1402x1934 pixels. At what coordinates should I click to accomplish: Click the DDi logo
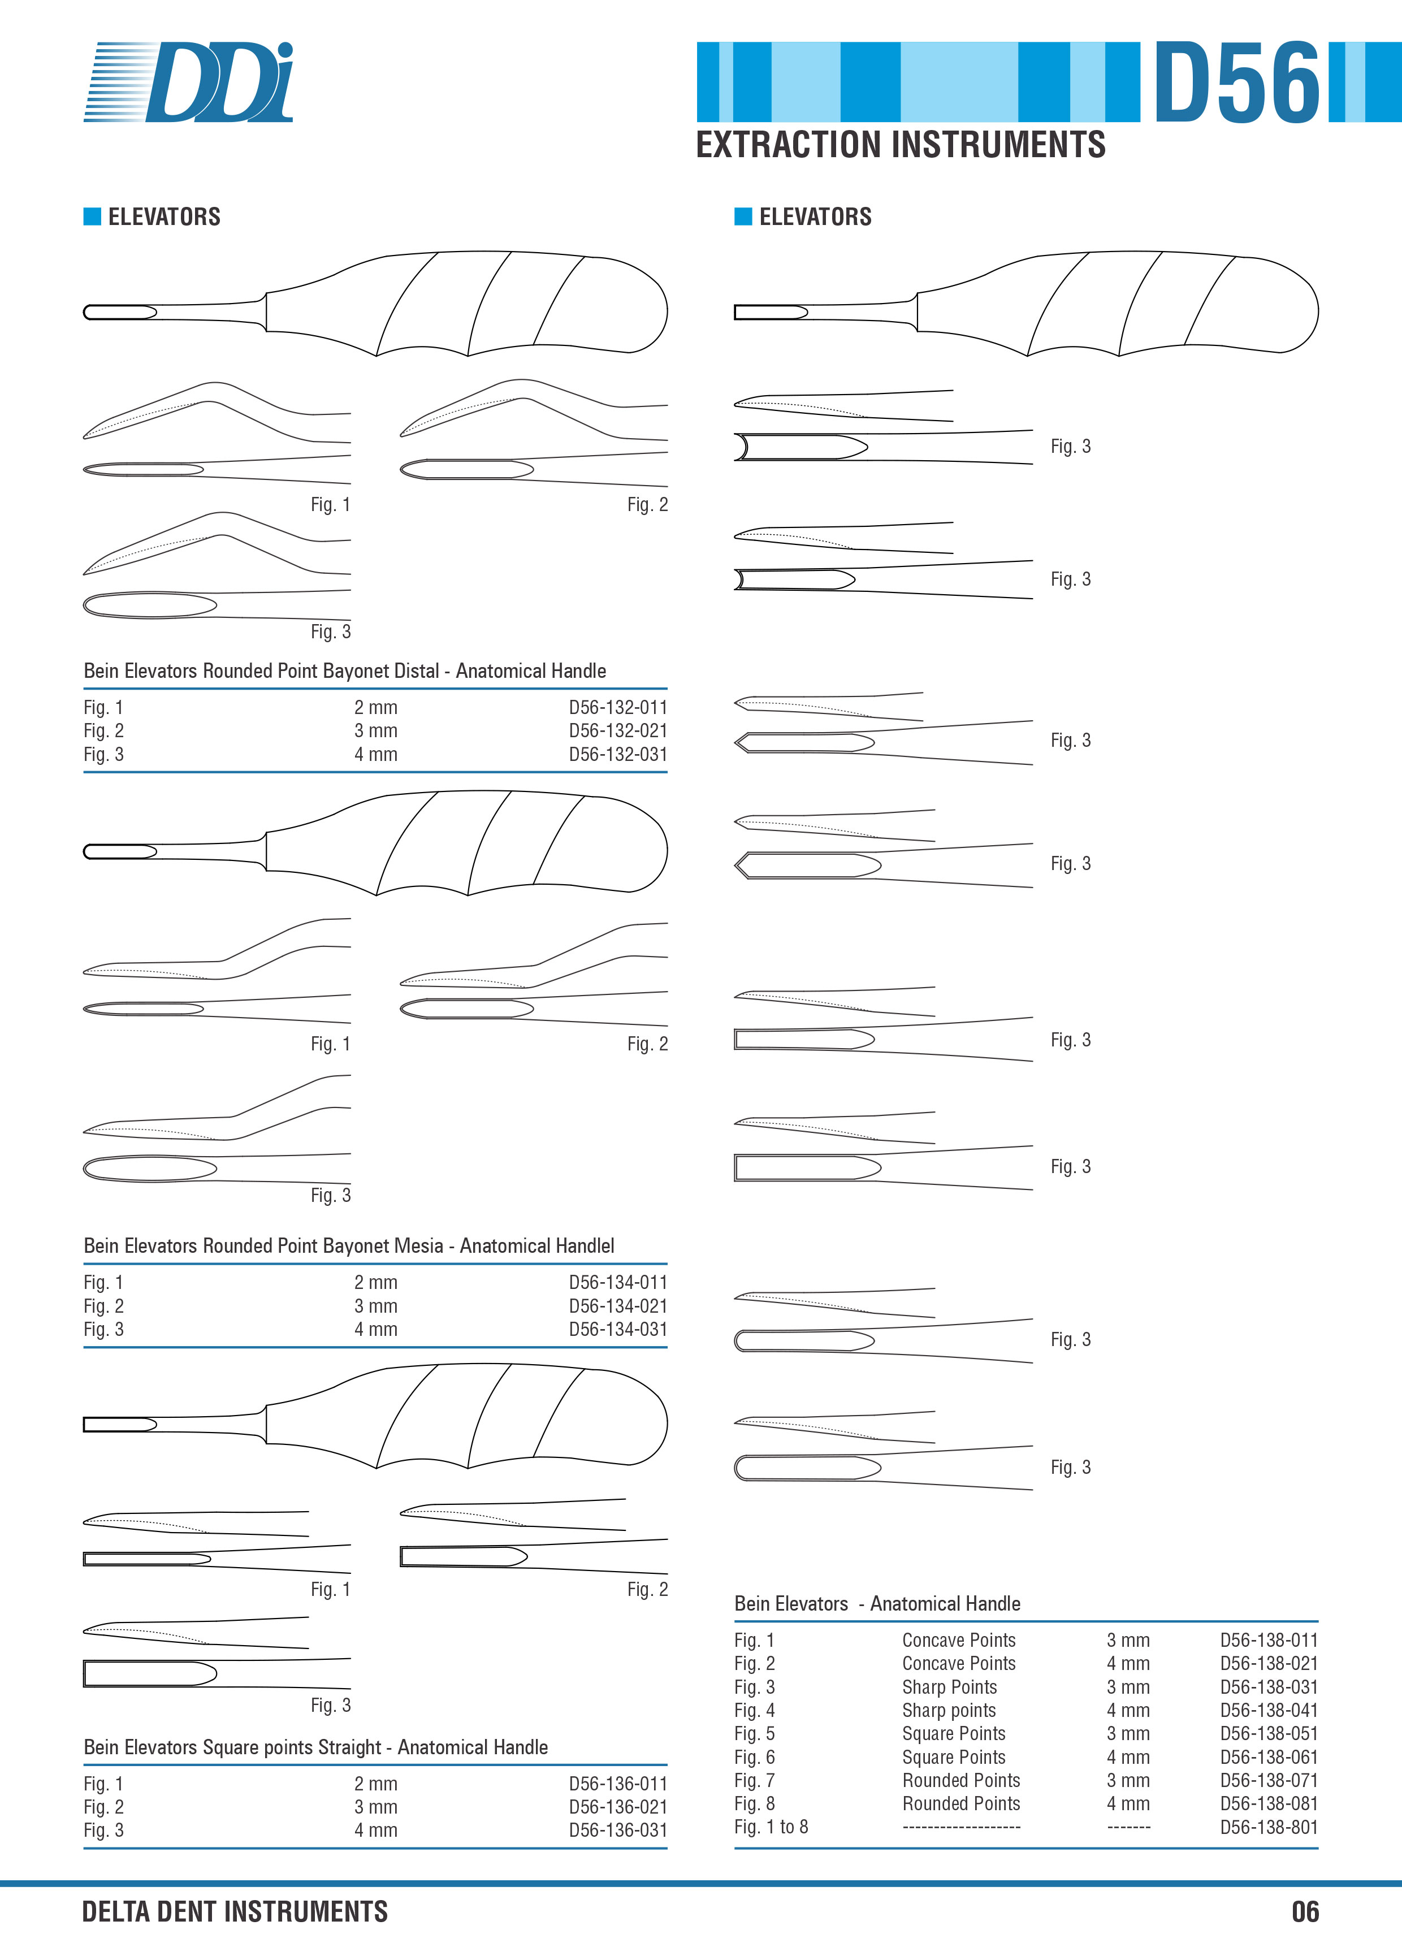[x=188, y=82]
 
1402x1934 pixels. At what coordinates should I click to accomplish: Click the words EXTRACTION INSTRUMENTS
[x=901, y=144]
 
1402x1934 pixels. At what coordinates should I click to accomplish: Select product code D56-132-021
[x=618, y=731]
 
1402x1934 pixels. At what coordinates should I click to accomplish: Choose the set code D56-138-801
[x=1269, y=1827]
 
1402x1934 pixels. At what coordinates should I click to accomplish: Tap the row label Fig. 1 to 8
[x=771, y=1827]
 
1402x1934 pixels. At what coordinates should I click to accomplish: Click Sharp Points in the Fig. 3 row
[x=949, y=1687]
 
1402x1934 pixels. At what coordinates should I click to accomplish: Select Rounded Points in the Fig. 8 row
[x=961, y=1803]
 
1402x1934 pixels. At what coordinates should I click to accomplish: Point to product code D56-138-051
[x=1269, y=1734]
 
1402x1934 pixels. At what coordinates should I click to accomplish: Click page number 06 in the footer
[x=1305, y=1911]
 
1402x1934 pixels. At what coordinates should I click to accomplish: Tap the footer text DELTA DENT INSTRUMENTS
[x=235, y=1911]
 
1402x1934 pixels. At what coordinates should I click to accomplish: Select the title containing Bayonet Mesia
[x=349, y=1246]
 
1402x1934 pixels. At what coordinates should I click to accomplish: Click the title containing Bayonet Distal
[x=344, y=671]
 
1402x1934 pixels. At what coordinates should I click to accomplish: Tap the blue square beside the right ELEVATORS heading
[x=743, y=217]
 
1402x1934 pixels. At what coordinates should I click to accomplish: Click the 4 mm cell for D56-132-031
[x=376, y=755]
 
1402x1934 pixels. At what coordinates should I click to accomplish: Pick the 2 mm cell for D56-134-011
[x=376, y=1283]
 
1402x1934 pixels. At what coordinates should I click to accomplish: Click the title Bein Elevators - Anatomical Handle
[x=877, y=1604]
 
